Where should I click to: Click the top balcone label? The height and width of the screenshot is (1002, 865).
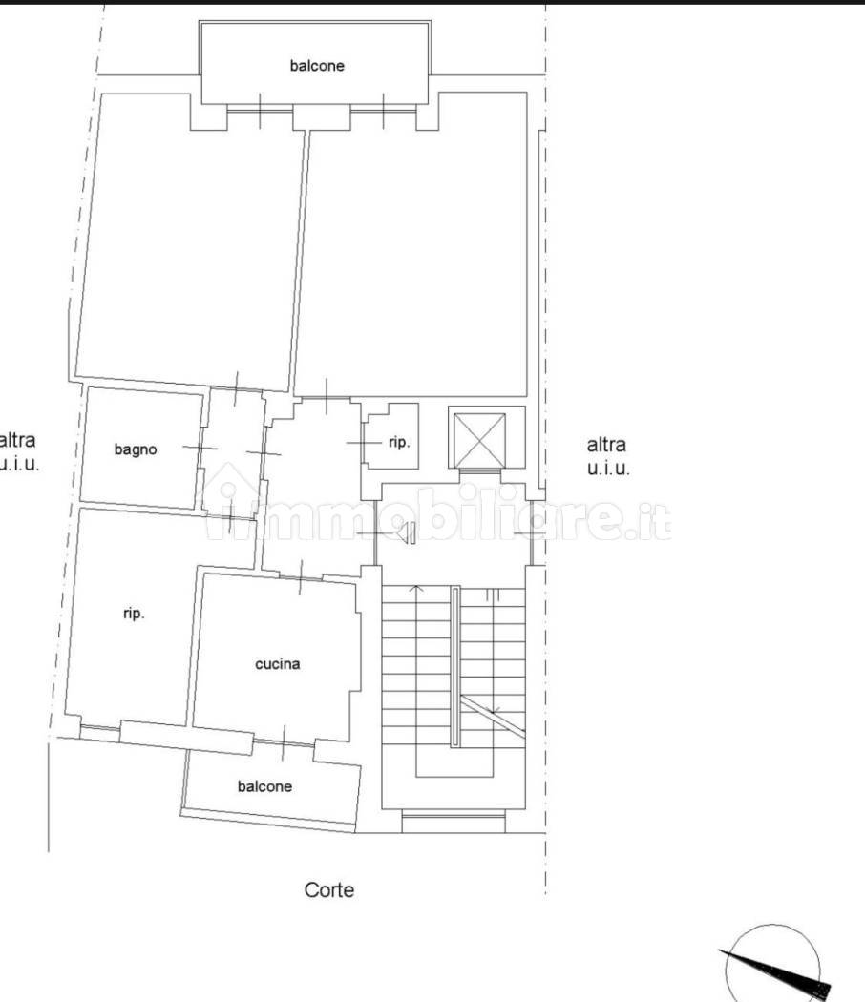point(317,65)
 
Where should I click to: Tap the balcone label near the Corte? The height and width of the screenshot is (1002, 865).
point(264,786)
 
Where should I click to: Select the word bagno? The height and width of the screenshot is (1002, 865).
point(136,449)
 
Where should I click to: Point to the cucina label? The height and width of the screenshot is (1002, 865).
point(278,664)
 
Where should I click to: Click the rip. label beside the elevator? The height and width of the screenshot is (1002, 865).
point(399,442)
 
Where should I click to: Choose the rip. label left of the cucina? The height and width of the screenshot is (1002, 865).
point(134,614)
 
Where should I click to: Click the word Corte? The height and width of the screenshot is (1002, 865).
point(328,889)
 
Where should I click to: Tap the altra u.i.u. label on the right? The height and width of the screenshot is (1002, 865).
point(608,455)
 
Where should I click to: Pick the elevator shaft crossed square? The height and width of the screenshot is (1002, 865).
point(479,441)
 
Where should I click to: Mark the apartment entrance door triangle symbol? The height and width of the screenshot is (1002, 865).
point(406,532)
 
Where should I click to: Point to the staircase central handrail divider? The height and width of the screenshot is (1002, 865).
point(455,666)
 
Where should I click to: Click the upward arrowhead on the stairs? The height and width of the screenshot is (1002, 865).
point(416,587)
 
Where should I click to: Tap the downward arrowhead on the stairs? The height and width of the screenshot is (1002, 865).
point(494,709)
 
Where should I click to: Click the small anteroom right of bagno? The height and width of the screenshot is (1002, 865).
point(233,450)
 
